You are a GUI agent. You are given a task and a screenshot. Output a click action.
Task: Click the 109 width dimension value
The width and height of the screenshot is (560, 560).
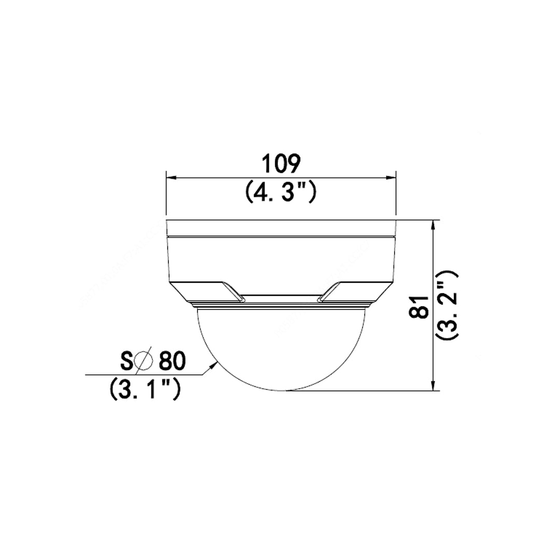click(x=281, y=164)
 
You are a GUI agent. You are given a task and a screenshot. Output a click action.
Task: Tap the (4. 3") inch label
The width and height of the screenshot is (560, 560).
click(x=281, y=192)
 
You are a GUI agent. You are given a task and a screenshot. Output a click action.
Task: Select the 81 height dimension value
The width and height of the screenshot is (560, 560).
click(x=419, y=307)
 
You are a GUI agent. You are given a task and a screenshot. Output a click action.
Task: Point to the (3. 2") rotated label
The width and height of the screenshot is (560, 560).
click(x=447, y=305)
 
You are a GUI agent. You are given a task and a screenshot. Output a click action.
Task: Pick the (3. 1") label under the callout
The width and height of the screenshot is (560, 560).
click(x=145, y=389)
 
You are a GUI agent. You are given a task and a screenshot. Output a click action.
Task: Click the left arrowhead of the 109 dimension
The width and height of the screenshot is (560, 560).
click(x=171, y=177)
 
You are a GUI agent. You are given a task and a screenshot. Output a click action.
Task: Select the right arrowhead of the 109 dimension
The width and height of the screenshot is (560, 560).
click(x=391, y=177)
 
